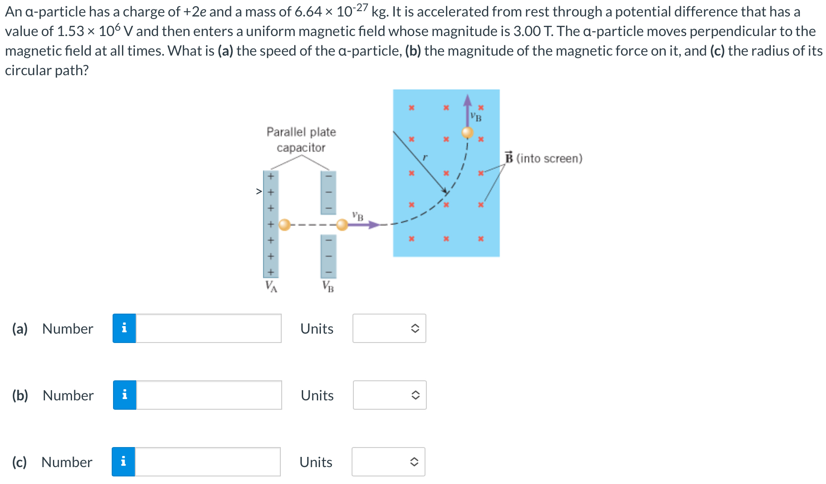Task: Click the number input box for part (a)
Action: click(208, 328)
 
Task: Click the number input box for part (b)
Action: click(209, 395)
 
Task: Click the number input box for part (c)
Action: click(207, 462)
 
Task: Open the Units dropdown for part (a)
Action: click(389, 328)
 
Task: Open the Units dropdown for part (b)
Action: click(389, 395)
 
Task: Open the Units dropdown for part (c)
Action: click(388, 462)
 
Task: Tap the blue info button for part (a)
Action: click(124, 328)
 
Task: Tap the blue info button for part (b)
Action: click(125, 395)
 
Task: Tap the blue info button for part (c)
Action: click(123, 462)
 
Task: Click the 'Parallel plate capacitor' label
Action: click(301, 140)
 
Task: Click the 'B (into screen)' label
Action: click(544, 158)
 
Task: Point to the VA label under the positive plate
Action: click(271, 286)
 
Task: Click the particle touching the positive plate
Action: click(284, 225)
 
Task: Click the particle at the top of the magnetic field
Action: click(467, 132)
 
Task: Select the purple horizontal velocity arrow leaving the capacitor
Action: click(363, 225)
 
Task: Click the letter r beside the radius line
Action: click(425, 157)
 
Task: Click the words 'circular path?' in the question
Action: click(47, 70)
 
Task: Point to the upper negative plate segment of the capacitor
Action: click(328, 193)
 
